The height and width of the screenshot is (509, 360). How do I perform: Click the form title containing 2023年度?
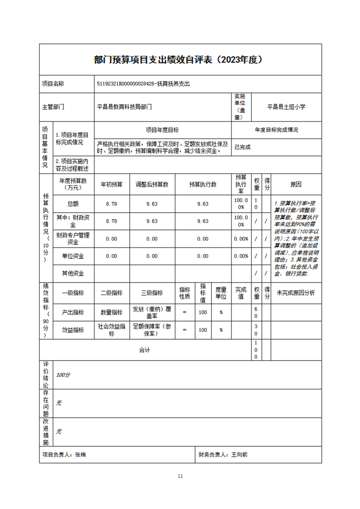click(180, 60)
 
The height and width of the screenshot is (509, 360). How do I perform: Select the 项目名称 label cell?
click(53, 84)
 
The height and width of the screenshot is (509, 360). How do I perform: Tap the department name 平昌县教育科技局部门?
click(124, 107)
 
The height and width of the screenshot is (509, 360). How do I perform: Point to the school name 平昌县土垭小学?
click(286, 107)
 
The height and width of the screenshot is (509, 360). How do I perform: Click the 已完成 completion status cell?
click(242, 147)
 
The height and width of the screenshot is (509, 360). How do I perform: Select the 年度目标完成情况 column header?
click(276, 130)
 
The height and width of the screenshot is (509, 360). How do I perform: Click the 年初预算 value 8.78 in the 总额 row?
click(111, 204)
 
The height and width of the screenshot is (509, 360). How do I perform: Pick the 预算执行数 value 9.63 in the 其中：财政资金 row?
click(202, 221)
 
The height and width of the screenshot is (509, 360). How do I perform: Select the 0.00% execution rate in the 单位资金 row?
click(241, 256)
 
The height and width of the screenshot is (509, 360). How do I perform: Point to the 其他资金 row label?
click(73, 273)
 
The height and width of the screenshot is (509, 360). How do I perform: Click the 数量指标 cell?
click(111, 313)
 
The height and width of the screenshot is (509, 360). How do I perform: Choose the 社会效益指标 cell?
click(111, 330)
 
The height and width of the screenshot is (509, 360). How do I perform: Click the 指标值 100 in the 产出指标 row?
click(203, 313)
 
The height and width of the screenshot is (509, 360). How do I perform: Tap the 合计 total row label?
click(144, 350)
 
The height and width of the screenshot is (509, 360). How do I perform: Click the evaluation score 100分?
click(63, 375)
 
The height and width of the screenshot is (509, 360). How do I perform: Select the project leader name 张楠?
click(80, 455)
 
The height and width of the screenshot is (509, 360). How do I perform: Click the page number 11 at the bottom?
click(180, 476)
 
